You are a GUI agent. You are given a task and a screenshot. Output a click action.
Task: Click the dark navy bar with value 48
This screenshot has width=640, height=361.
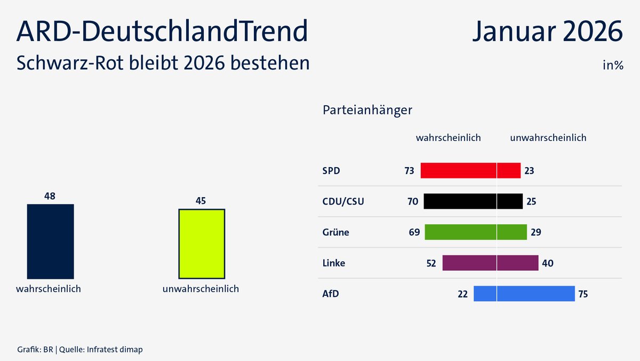click(x=50, y=241)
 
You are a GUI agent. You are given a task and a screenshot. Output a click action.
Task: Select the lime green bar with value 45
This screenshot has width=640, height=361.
click(x=202, y=244)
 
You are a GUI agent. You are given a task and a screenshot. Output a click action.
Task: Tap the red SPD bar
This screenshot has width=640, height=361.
click(x=470, y=171)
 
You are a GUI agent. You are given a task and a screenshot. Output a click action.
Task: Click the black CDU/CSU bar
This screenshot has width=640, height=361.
click(x=473, y=201)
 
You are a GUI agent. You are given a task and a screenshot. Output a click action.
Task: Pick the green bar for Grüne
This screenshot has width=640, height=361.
click(x=476, y=232)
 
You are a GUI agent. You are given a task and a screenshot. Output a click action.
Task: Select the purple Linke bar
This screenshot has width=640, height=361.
click(x=490, y=263)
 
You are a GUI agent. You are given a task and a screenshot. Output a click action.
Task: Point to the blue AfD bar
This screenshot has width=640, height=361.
click(x=524, y=294)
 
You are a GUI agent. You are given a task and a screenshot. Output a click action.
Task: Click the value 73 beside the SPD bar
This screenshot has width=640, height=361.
click(x=409, y=171)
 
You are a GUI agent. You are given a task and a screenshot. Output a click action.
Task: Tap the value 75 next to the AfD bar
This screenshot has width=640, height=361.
click(x=583, y=294)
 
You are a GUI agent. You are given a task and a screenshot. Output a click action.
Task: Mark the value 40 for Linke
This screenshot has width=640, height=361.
click(x=547, y=263)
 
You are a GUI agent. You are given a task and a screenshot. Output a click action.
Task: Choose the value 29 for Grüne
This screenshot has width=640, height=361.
click(x=536, y=232)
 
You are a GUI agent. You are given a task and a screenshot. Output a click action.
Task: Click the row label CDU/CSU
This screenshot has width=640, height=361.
click(x=343, y=202)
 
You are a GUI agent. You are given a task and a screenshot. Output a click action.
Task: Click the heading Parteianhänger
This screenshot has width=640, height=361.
click(x=367, y=111)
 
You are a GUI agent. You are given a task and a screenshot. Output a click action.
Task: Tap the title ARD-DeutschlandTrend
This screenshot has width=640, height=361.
click(x=163, y=32)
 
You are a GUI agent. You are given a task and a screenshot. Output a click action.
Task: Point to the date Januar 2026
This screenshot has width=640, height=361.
click(x=547, y=32)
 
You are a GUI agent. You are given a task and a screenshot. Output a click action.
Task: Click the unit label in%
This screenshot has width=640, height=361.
click(x=613, y=66)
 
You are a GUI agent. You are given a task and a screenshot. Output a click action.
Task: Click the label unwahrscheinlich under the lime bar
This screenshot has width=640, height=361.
click(x=201, y=289)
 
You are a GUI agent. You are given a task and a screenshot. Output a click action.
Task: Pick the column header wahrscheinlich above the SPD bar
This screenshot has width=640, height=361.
click(x=448, y=138)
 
